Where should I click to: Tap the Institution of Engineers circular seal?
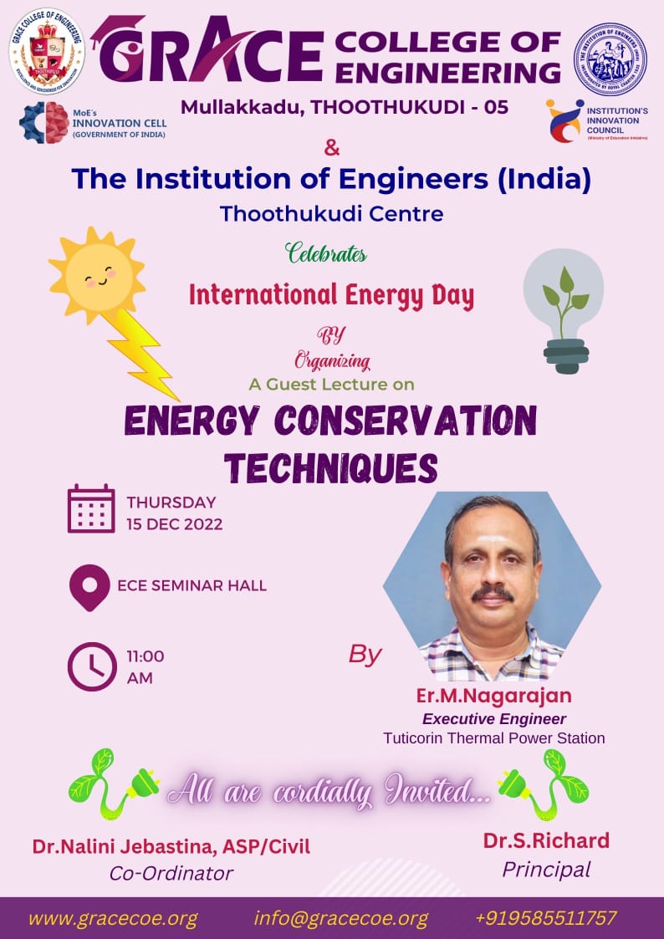[x=610, y=59]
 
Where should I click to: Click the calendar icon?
[x=91, y=508]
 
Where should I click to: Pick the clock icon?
[x=91, y=666]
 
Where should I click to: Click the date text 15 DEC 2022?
[x=174, y=525]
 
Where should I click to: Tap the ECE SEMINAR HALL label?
[x=192, y=585]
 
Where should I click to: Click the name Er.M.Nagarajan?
[x=493, y=696]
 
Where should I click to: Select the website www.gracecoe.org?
[x=113, y=917]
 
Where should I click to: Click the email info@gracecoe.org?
[x=340, y=917]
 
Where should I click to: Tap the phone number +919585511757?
[x=545, y=917]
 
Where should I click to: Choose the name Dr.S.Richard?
[x=546, y=840]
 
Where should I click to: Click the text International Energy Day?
[x=331, y=295]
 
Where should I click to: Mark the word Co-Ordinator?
[x=171, y=873]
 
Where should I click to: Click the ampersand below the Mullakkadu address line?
[x=332, y=149]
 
